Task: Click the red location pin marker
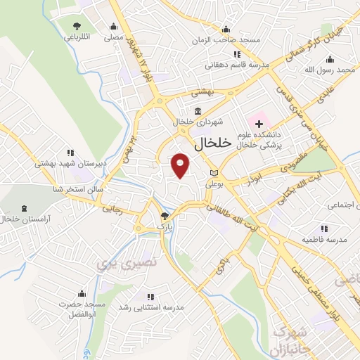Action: (181, 166)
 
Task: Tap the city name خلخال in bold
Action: (212, 143)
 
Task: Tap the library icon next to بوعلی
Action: (214, 172)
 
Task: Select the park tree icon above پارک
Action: (165, 217)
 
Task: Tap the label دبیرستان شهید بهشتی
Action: (70, 163)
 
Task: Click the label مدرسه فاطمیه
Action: (324, 240)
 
